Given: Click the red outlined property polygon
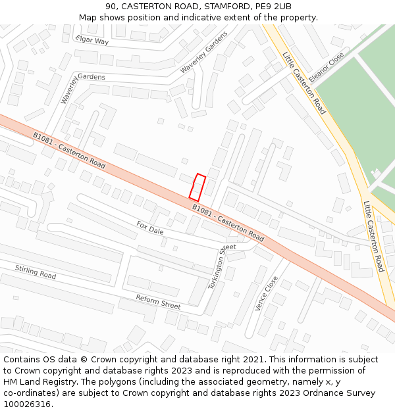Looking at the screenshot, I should (197, 187).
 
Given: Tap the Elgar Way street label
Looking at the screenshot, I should (92, 41).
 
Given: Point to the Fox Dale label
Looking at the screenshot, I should (150, 228).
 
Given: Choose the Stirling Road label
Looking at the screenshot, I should (36, 272).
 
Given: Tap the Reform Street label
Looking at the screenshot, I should (158, 302).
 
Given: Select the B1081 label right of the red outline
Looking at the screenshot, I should (228, 222).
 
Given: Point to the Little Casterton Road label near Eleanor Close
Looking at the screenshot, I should (304, 83).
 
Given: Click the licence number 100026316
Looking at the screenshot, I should (28, 404).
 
